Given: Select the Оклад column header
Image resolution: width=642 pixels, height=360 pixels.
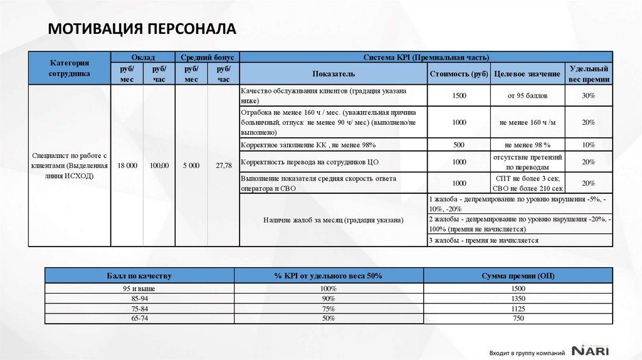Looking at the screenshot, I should tap(143, 56).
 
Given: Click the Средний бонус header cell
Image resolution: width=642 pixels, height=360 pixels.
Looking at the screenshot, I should tap(208, 56).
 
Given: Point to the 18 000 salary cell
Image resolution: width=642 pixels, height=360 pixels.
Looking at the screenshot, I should tap(127, 166).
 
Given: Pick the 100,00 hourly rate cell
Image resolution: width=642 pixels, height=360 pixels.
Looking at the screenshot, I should tap(159, 166).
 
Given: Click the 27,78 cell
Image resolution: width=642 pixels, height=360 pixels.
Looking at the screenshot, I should tap(223, 166).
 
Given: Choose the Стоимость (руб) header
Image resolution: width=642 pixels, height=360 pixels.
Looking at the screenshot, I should tap(459, 73).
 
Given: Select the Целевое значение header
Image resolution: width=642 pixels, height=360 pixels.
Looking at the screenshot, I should tap(527, 73).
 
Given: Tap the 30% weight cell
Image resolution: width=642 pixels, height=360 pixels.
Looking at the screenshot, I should tap(588, 96).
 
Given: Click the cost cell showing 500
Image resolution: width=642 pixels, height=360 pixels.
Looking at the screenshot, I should tap(459, 145).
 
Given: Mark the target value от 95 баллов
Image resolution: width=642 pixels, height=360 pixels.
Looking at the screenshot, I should tap(527, 96).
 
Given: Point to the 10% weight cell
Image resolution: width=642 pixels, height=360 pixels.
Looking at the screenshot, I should tap(588, 145).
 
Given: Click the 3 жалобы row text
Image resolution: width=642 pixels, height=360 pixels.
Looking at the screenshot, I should tap(483, 240).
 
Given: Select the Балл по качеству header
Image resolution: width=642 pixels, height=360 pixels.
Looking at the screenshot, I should tap(139, 275).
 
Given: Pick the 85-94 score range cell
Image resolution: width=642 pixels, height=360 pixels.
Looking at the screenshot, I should tap(139, 299).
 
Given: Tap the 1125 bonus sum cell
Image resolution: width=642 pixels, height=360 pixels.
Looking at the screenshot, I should tap(518, 309).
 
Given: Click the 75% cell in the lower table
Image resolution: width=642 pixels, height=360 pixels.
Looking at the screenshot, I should tap(329, 309).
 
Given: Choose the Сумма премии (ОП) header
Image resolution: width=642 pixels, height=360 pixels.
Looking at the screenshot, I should tap(518, 275).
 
